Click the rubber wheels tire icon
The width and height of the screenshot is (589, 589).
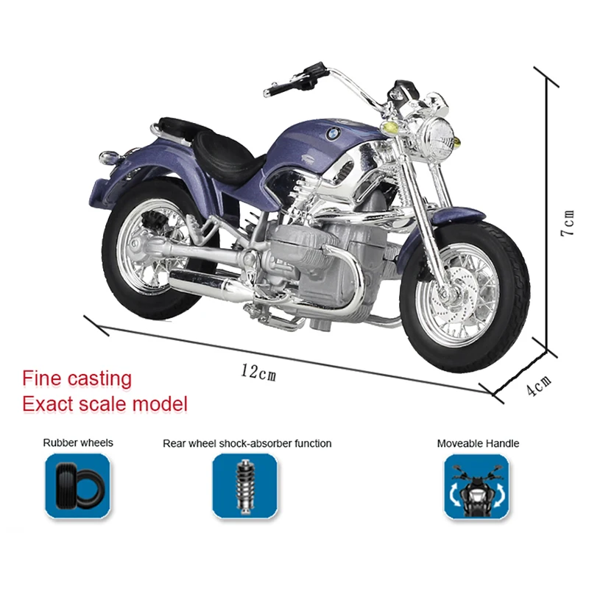pyautogui.click(x=77, y=485)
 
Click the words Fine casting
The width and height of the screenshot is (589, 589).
pyautogui.click(x=77, y=379)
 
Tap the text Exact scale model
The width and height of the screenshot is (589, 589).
pyautogui.click(x=105, y=403)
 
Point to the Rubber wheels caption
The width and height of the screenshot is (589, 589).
pyautogui.click(x=78, y=443)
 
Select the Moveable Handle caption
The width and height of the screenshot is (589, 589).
pyautogui.click(x=478, y=443)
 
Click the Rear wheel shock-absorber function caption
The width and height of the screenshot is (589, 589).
pyautogui.click(x=247, y=443)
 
